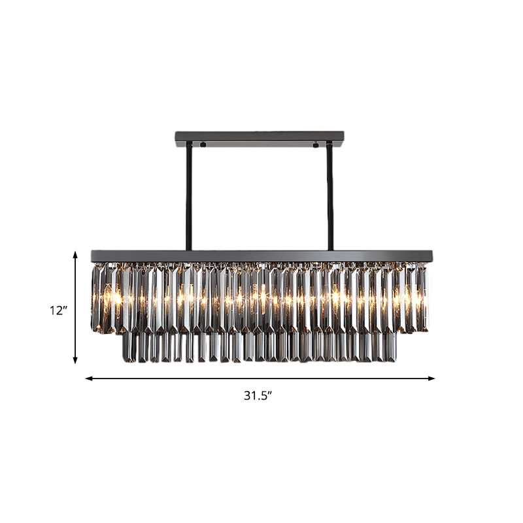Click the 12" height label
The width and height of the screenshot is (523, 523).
pos(58,311)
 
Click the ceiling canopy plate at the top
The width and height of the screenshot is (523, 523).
pos(260,138)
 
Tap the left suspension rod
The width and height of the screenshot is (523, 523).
pos(188,196)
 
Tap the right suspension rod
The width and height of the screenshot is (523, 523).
pos(329,196)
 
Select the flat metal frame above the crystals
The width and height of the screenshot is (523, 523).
pos(261,255)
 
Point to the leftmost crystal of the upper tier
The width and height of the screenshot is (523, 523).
pos(95,297)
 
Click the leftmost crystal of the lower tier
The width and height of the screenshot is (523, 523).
pos(127,346)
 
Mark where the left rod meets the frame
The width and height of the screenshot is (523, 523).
pos(188,248)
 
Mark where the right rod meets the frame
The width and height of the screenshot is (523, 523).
pos(329,248)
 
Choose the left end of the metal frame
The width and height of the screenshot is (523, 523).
pos(92,254)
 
